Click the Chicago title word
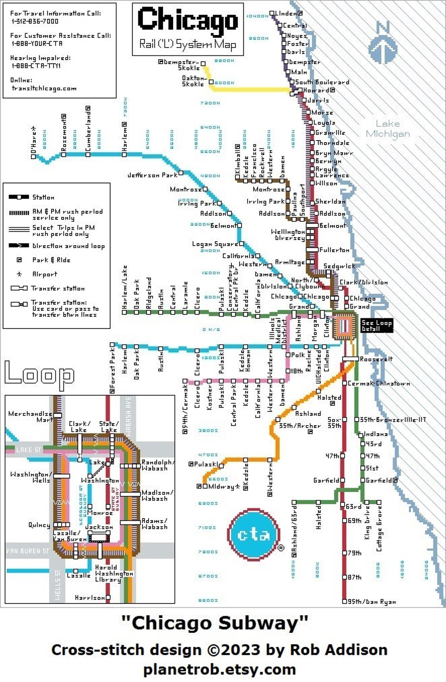point(187,20)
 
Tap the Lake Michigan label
point(388,129)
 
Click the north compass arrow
point(383,43)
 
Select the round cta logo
point(254,534)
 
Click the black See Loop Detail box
point(376,325)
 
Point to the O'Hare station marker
point(33,157)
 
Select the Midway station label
point(221,487)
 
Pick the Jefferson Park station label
point(153,175)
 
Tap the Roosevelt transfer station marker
point(350,359)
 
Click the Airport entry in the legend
point(45,274)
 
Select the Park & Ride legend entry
point(51,260)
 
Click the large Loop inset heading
point(39,375)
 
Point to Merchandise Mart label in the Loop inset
point(30,416)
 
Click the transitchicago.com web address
point(44,88)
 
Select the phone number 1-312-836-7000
point(35,22)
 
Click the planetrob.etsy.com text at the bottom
point(219,669)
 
